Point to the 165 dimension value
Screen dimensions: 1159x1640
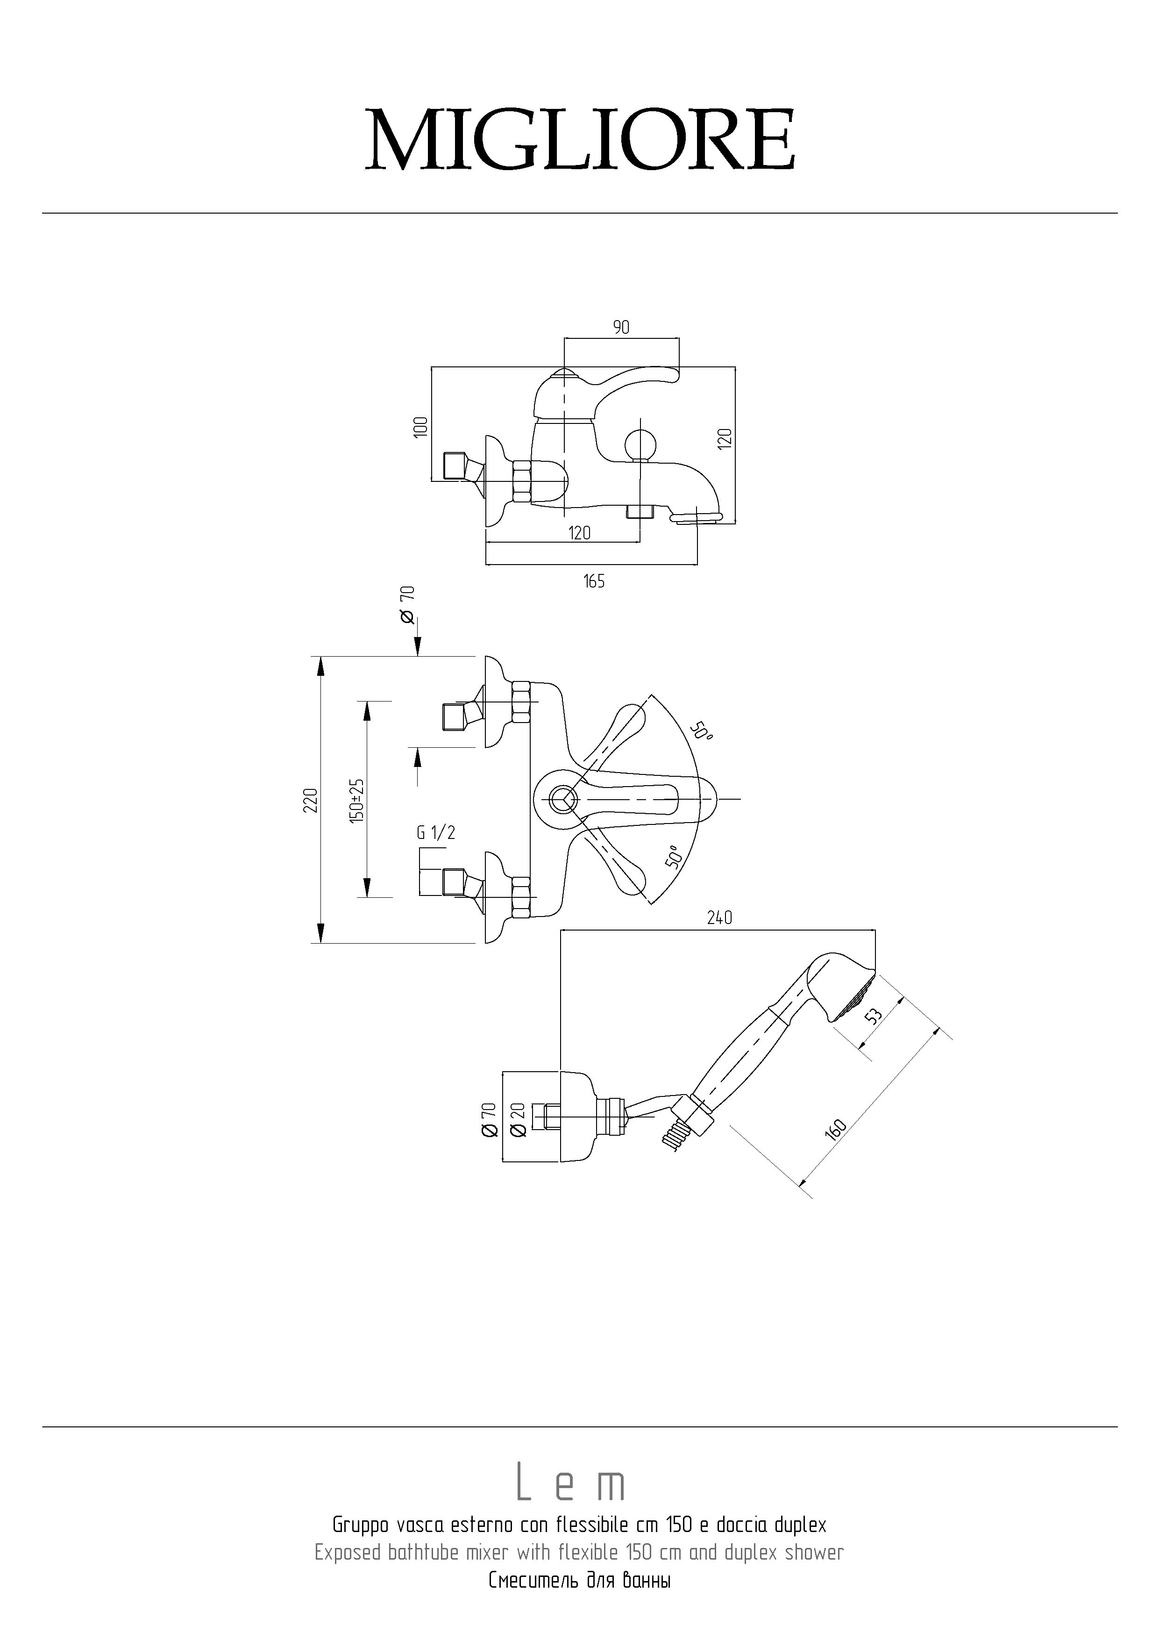pos(593,581)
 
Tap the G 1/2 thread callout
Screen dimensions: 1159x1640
pos(435,832)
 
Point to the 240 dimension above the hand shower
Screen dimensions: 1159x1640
pos(719,918)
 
